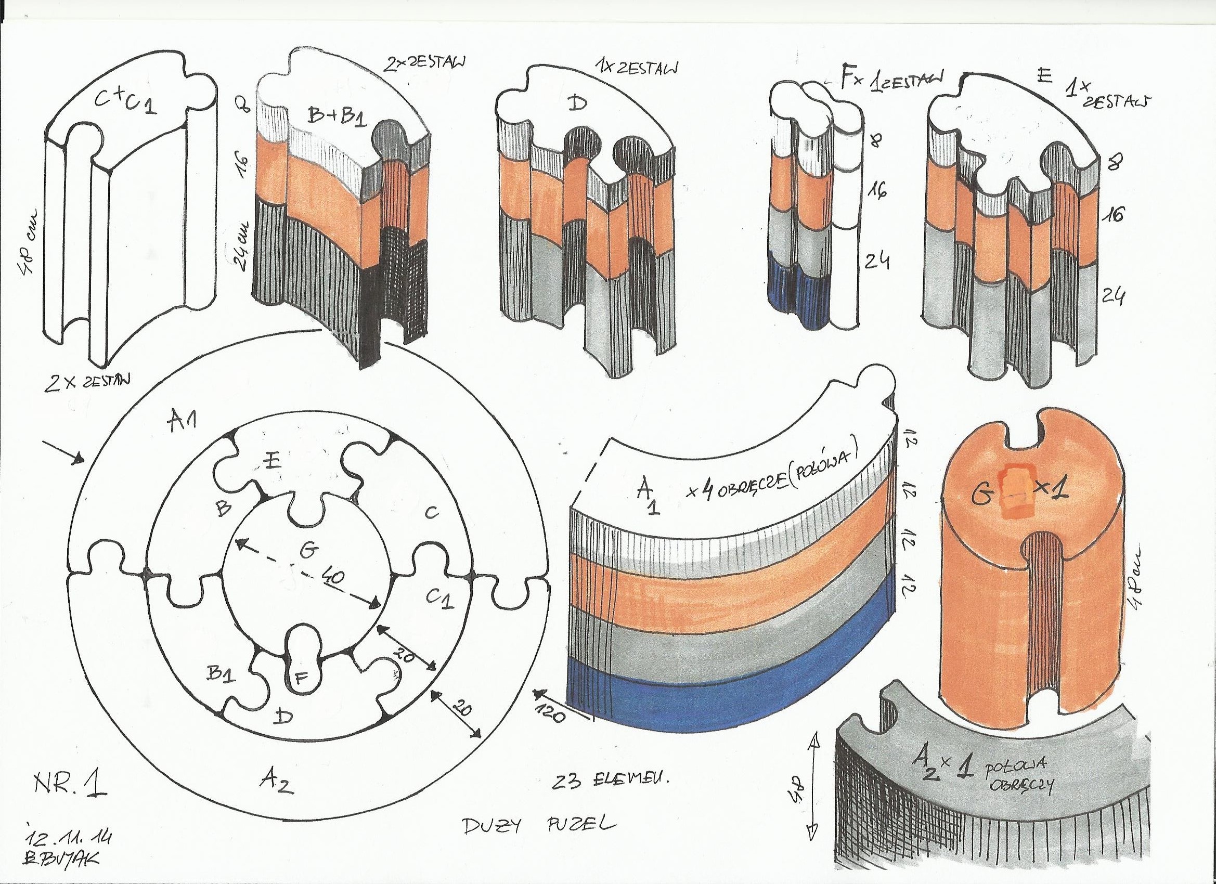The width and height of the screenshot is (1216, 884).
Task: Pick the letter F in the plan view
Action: point(301,678)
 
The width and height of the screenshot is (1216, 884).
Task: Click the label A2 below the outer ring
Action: point(277,786)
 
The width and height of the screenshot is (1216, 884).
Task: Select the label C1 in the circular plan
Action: point(441,596)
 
